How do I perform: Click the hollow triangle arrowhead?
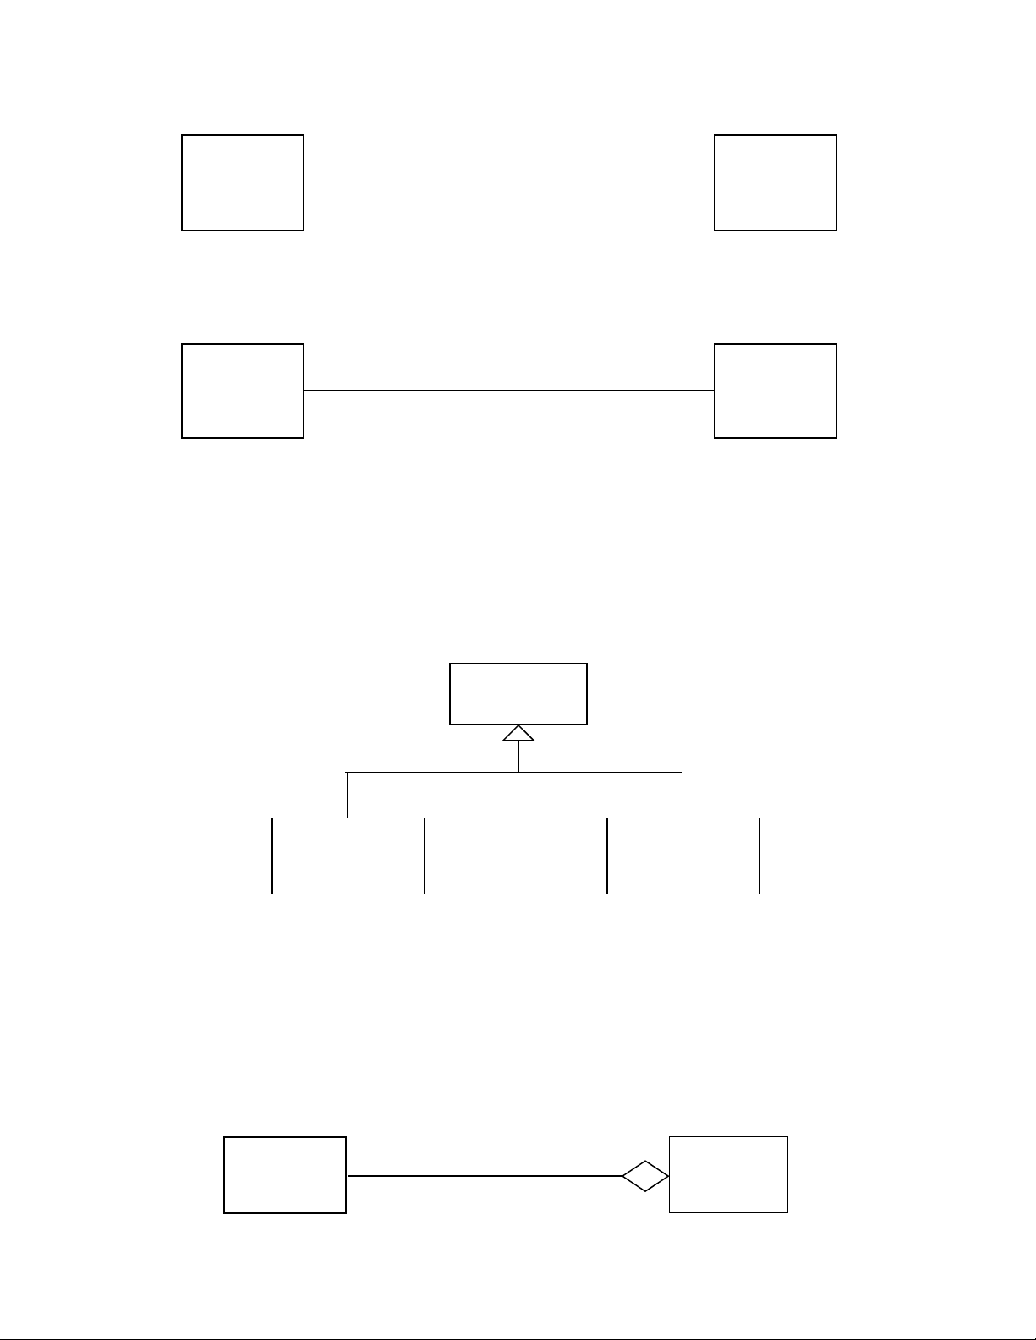click(518, 733)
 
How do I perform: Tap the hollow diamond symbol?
click(645, 1175)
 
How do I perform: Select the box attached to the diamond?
click(728, 1174)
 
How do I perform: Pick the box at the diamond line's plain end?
click(285, 1175)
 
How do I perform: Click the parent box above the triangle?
click(518, 693)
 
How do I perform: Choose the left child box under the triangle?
click(348, 856)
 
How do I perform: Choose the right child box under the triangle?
click(683, 856)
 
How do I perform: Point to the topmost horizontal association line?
click(508, 182)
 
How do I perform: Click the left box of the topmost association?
click(243, 182)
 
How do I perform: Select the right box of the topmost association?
click(776, 182)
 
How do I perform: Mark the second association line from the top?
click(508, 390)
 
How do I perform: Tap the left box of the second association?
click(243, 391)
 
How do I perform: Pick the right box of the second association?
click(776, 391)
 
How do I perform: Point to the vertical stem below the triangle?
click(518, 757)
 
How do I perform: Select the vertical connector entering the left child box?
click(347, 795)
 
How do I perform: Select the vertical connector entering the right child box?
click(682, 795)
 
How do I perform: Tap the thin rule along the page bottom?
click(518, 1338)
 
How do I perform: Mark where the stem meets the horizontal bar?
click(518, 772)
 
